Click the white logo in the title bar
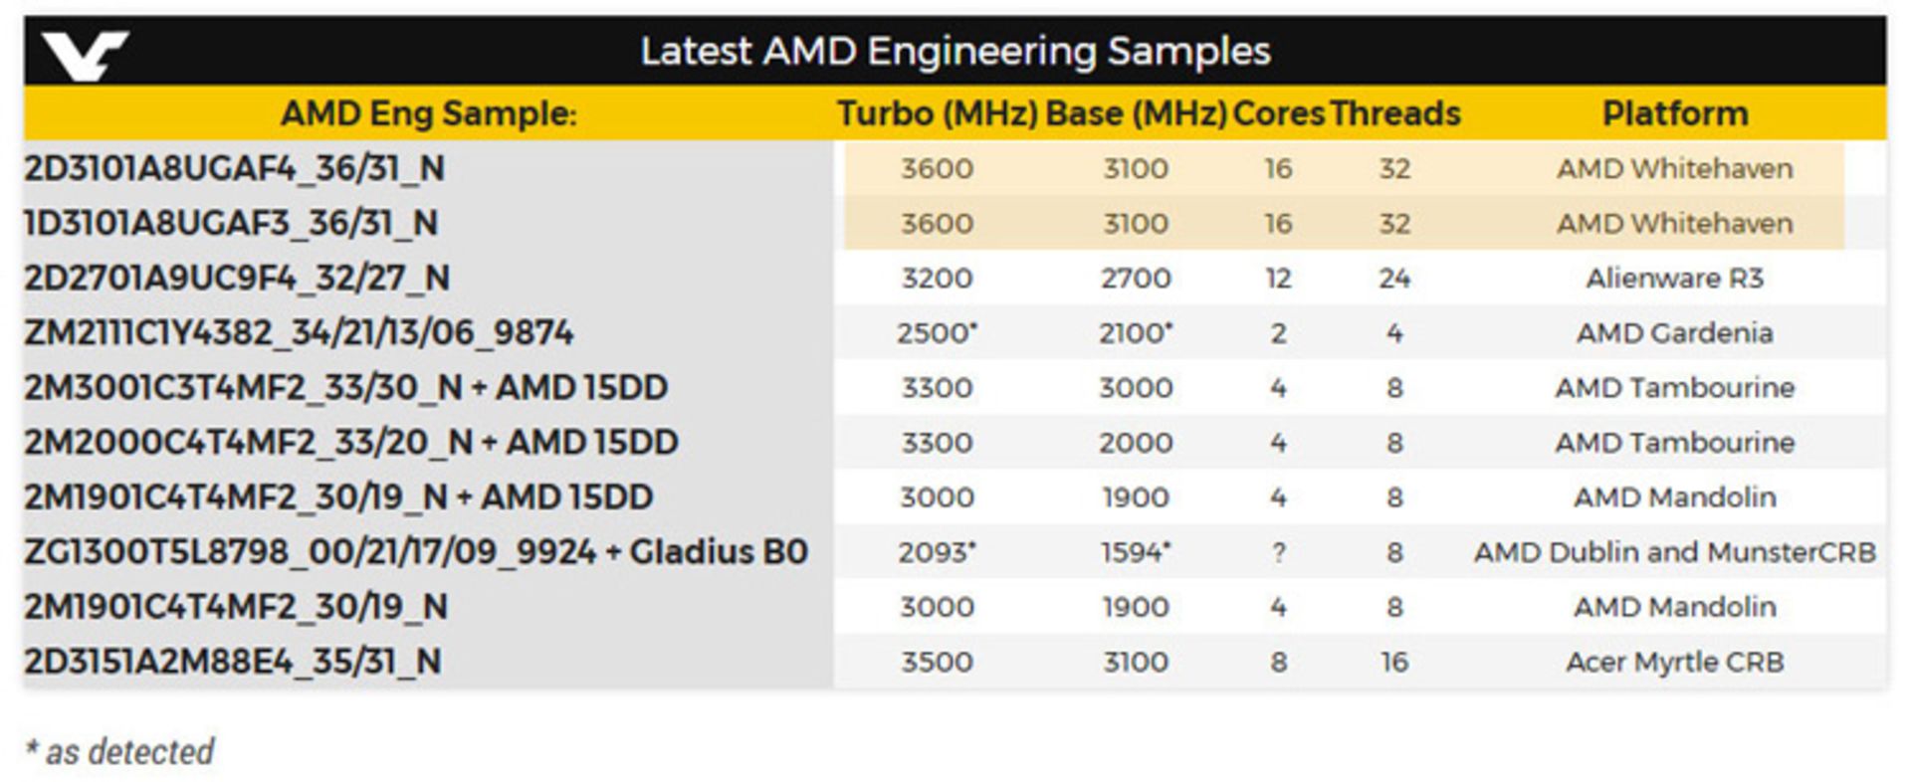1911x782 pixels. (85, 54)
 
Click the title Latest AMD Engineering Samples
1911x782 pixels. (955, 52)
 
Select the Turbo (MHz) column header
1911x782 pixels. (937, 113)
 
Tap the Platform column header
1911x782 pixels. (1674, 113)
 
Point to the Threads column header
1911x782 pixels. (1394, 113)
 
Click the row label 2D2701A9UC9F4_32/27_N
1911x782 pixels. (237, 278)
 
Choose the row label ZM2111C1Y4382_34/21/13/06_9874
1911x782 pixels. (299, 332)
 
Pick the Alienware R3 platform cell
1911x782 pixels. (1674, 278)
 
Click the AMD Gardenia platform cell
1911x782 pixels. (1674, 332)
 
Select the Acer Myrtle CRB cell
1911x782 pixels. (1674, 662)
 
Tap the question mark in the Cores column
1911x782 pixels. (1278, 552)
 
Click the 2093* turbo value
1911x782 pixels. (937, 552)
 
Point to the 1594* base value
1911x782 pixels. (1136, 552)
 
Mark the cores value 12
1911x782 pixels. (1278, 278)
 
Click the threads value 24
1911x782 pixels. (1394, 278)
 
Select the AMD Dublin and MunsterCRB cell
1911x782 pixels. (1674, 552)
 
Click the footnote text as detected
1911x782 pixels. (119, 751)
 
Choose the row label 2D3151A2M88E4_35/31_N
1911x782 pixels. (233, 662)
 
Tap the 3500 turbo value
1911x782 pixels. (937, 662)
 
